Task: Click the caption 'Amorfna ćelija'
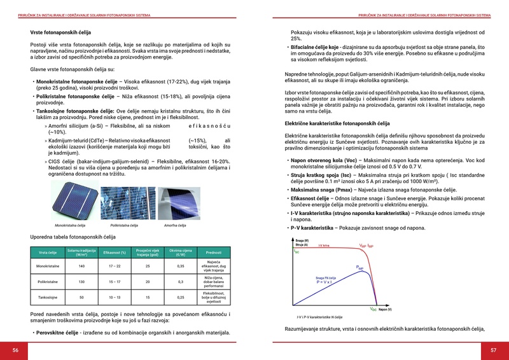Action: click(175, 226)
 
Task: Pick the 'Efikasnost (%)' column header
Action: click(115, 253)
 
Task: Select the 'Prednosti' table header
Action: click(214, 253)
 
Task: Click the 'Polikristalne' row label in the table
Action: click(48, 281)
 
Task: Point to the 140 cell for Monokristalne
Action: click(81, 266)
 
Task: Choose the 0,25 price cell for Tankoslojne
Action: click(180, 297)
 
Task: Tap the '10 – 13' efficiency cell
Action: click(115, 297)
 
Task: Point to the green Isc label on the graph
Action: click(296, 251)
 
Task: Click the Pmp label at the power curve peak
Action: click(359, 268)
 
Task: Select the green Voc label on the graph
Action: click(373, 309)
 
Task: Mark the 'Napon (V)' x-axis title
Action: click(385, 310)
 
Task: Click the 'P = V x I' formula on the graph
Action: click(325, 282)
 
